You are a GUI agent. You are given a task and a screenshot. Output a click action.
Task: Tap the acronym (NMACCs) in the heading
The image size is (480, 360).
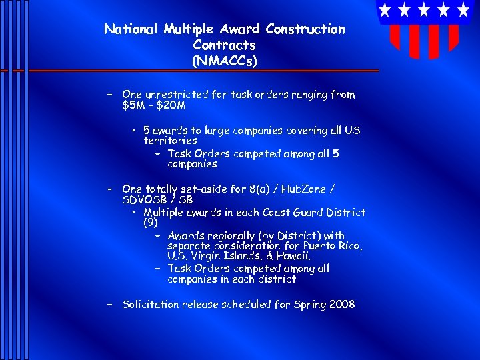224,61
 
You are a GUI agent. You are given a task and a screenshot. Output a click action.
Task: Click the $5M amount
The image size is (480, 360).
135,105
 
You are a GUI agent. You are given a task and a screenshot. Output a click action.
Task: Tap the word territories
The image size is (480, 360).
170,141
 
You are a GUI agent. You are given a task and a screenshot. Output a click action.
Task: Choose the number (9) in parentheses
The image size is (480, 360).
150,223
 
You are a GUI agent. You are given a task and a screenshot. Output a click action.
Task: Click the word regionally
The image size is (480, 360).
236,236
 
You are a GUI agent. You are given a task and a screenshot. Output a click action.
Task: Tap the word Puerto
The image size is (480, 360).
320,247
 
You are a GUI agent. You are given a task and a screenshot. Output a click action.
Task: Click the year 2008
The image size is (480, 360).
341,305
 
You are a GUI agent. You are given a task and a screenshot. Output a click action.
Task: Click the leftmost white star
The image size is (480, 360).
385,10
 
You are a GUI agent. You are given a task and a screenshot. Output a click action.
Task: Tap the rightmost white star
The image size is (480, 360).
463,10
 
